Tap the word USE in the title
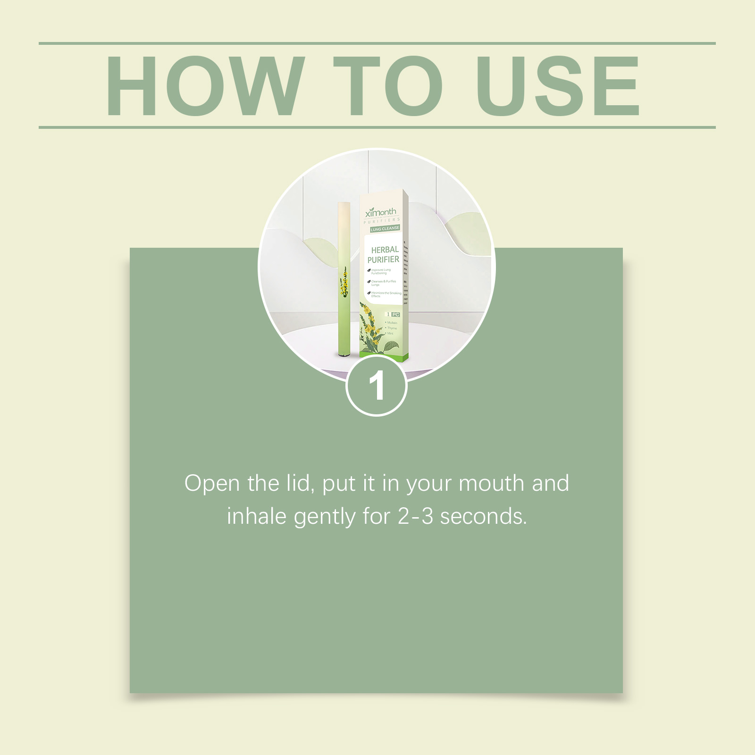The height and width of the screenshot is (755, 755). coord(558,85)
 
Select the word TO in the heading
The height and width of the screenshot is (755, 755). coord(387,85)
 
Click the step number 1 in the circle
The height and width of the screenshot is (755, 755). coord(377,386)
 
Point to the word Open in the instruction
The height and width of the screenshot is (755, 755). coord(212,484)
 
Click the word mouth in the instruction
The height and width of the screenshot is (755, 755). coord(491,484)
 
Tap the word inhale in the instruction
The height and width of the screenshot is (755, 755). coord(257,516)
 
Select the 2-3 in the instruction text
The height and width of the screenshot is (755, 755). coord(415,516)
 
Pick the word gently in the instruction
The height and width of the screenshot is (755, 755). coord(324,517)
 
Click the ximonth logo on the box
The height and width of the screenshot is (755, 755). coord(381,212)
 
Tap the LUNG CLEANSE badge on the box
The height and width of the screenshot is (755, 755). coord(385,229)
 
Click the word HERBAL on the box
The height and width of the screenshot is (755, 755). coord(385,250)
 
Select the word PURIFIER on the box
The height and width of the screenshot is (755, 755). coord(383,260)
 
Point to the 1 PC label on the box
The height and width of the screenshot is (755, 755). coord(393,314)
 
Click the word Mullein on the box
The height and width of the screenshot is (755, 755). coord(392,323)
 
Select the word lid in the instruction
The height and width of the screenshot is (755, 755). coord(300,484)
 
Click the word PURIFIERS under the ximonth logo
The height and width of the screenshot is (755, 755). coord(382,220)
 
